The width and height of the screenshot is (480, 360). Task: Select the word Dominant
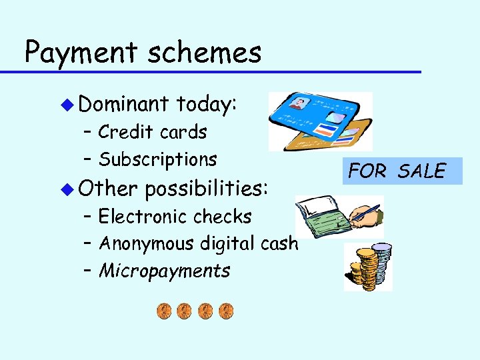pos(123,104)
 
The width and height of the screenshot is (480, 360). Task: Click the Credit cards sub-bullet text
pos(153,132)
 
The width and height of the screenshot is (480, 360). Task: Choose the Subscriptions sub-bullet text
pos(158,159)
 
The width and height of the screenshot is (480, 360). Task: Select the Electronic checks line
pos(175,217)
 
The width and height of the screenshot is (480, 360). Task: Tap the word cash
pos(280,243)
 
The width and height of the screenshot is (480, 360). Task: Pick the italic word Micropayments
pos(165,271)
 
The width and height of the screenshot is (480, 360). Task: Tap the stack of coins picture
pos(367,266)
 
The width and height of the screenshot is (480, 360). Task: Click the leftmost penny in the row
pos(164,311)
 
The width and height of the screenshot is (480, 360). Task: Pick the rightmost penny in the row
pos(227,311)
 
